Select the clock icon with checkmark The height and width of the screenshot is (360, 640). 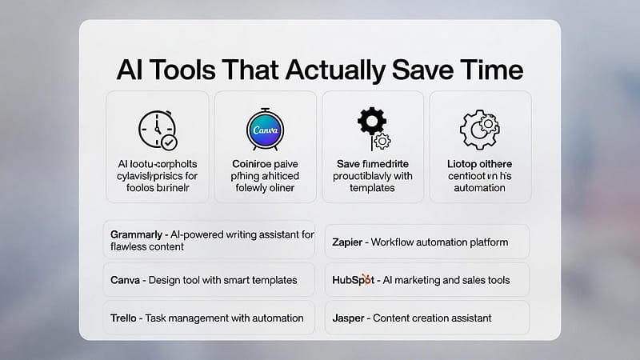coord(157,129)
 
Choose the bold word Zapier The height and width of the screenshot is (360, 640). coord(350,241)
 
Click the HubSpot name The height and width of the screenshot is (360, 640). coord(354,280)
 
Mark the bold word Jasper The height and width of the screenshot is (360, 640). coord(350,318)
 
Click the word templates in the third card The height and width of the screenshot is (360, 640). coord(371,188)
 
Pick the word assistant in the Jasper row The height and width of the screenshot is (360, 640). coord(466,318)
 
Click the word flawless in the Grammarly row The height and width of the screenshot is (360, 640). coord(130,247)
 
